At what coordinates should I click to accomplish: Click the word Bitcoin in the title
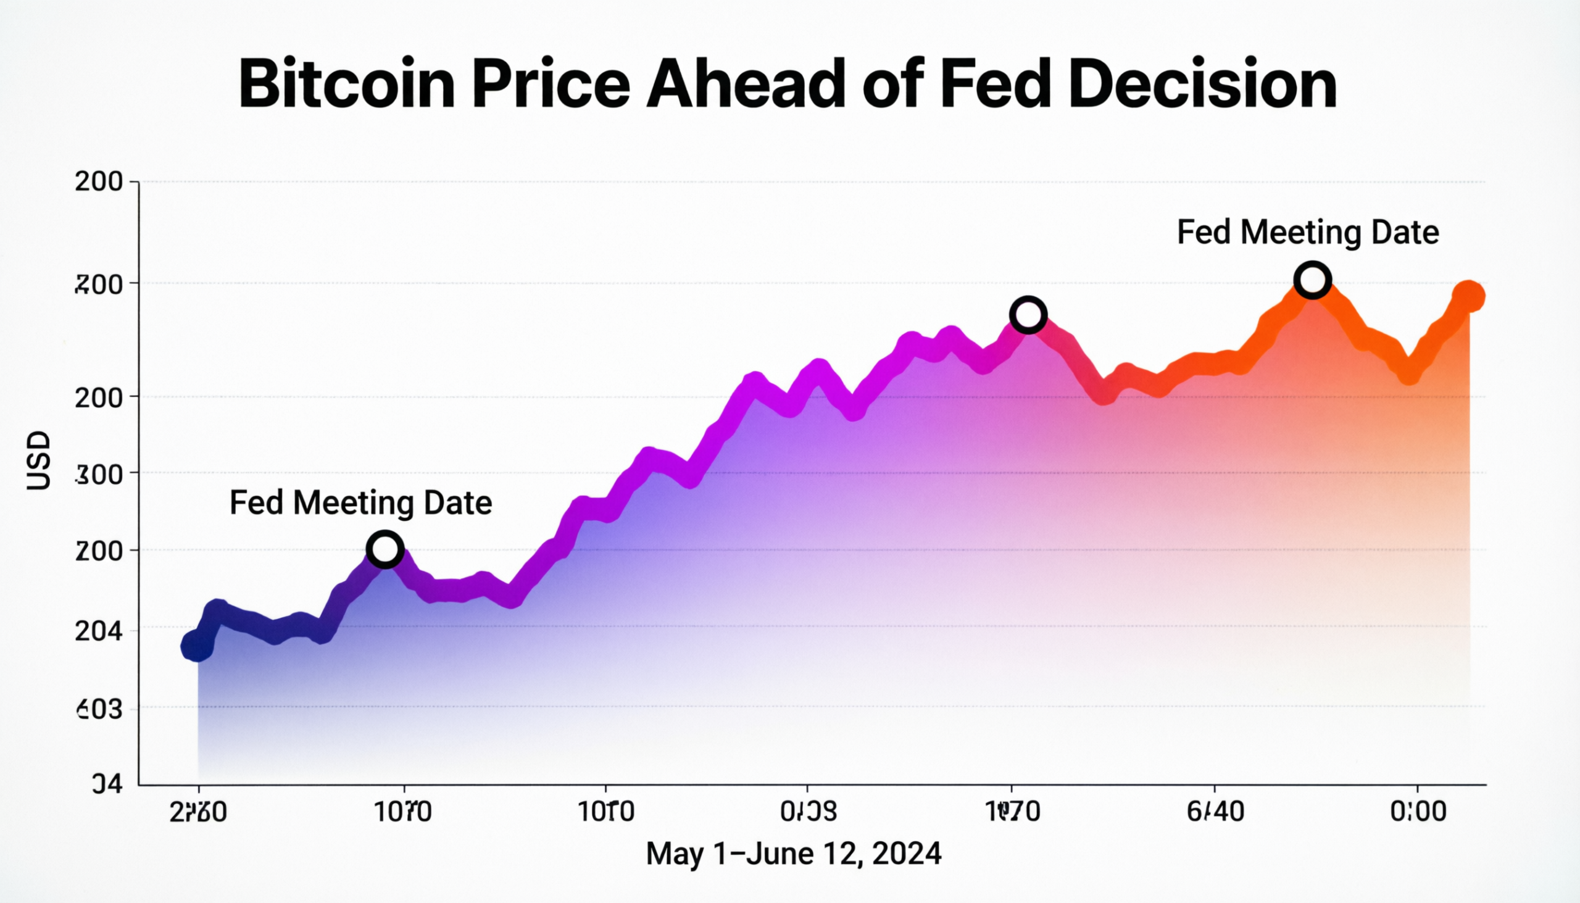click(x=347, y=85)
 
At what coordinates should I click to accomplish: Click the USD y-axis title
click(x=38, y=460)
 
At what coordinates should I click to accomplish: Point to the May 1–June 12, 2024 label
click(x=794, y=854)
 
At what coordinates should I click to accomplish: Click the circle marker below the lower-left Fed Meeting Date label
click(x=385, y=549)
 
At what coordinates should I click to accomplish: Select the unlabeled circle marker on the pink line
click(x=1028, y=315)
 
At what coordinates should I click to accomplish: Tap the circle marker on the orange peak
click(x=1312, y=280)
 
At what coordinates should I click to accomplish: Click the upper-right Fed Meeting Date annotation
click(x=1308, y=233)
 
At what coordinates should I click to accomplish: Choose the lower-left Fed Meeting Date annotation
click(x=361, y=502)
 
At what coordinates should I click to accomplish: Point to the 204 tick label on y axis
click(x=99, y=631)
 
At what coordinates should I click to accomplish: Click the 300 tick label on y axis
click(x=99, y=475)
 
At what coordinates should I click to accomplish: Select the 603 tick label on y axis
click(x=99, y=709)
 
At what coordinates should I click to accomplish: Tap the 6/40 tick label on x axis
click(x=1215, y=811)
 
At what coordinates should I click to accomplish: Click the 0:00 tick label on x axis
click(x=1418, y=811)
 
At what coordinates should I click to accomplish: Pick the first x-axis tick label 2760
click(x=199, y=811)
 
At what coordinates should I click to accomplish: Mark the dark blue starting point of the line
click(x=196, y=646)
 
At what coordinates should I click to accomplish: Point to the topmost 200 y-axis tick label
click(x=99, y=181)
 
